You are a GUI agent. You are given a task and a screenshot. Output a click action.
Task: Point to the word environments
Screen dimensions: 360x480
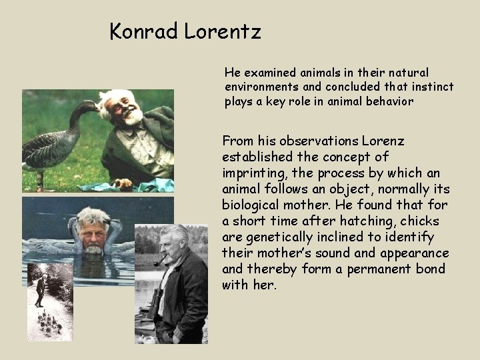[x=261, y=87]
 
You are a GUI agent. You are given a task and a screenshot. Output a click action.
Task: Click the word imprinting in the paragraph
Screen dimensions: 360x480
[x=252, y=173]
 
